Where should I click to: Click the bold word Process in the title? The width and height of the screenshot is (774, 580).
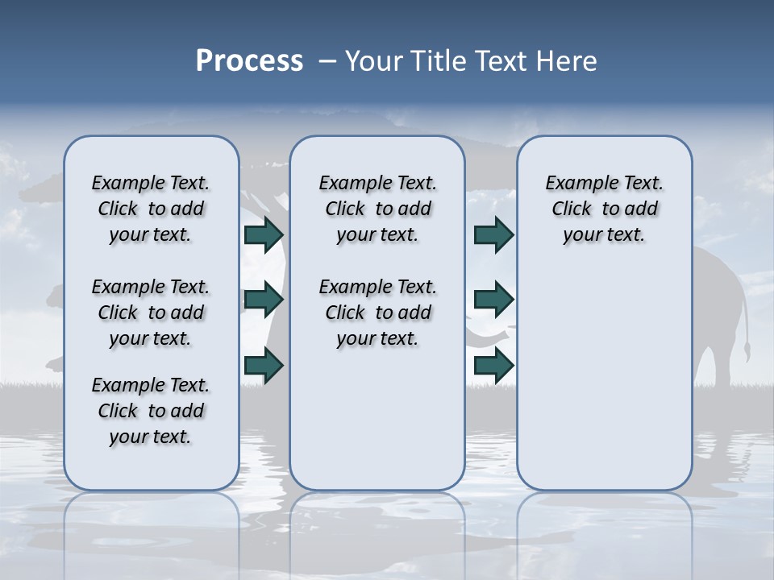(249, 61)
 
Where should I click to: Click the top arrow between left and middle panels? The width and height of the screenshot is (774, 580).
(264, 234)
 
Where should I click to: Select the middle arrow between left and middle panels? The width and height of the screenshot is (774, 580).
(264, 300)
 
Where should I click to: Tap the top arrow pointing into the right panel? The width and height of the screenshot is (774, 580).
(493, 234)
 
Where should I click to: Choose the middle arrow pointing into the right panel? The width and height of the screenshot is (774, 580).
(493, 300)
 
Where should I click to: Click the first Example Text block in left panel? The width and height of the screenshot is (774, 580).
(151, 209)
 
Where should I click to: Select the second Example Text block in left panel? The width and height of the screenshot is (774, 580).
(151, 313)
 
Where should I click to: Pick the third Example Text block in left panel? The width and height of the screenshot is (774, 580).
(151, 411)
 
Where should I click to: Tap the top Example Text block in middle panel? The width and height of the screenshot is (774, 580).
(377, 209)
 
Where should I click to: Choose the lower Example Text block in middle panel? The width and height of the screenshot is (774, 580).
(377, 313)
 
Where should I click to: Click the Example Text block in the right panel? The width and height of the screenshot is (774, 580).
(604, 209)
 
